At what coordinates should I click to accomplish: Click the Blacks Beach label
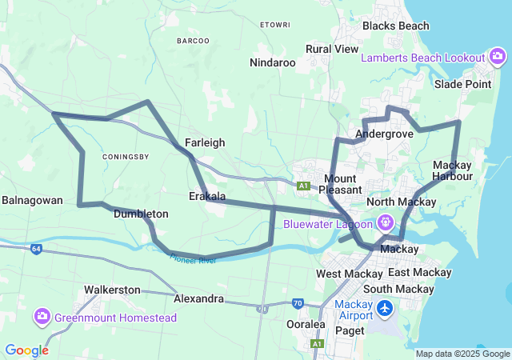tap(395, 26)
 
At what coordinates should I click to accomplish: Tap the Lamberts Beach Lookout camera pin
tap(498, 57)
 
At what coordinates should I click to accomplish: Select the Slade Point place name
tap(462, 84)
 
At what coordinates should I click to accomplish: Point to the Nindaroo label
tap(273, 62)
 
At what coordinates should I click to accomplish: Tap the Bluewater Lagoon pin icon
tap(386, 222)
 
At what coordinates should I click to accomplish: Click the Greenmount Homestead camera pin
tap(42, 317)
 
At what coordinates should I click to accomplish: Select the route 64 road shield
tap(37, 250)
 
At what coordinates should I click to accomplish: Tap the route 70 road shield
tap(298, 303)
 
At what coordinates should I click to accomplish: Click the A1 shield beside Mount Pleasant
tap(303, 186)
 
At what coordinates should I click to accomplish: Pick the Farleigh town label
tap(205, 142)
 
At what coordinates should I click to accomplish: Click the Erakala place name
tap(207, 196)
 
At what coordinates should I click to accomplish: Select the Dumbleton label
tap(141, 214)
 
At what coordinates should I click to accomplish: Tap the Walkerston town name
tap(112, 290)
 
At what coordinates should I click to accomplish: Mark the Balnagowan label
tap(32, 200)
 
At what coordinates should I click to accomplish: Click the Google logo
tap(26, 350)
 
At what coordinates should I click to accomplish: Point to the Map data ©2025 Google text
tap(462, 354)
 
